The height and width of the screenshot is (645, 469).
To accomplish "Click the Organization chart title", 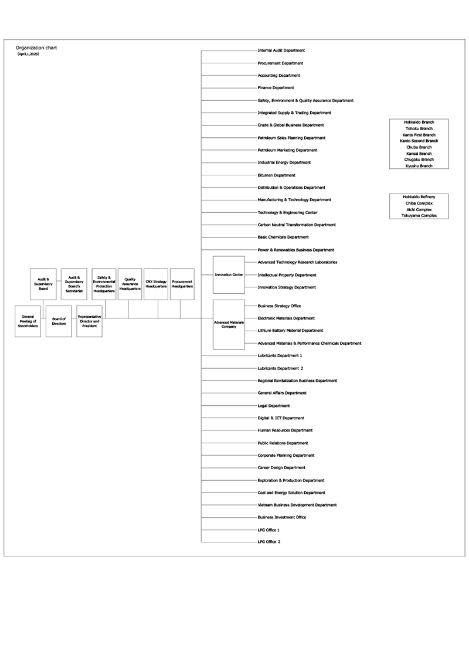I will point(36,47).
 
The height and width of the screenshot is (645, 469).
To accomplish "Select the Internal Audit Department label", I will point(281,51).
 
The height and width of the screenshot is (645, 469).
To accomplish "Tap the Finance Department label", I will point(276,88).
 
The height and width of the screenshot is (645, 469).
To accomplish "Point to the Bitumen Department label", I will point(276,175).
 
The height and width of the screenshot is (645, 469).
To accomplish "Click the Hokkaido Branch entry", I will point(419,122).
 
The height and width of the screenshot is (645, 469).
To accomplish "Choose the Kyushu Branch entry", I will point(419,166).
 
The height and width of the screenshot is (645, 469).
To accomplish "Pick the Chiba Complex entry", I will point(419,203).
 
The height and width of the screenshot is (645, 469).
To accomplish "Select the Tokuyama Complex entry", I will point(419,216).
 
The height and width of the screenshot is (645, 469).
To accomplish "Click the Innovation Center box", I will point(229,274).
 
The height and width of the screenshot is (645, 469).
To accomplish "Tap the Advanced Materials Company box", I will point(229,324).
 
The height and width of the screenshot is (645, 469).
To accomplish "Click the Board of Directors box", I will point(59,321).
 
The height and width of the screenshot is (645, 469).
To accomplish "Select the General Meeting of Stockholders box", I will point(28,321).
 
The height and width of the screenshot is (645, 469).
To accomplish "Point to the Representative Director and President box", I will point(89,321).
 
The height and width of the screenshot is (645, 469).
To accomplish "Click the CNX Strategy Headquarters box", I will point(157,284).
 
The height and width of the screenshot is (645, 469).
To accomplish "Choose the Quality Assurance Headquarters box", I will point(130,284).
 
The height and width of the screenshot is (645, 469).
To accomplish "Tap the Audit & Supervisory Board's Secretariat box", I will point(74,284).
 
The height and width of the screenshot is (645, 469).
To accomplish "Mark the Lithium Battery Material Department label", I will point(290,331).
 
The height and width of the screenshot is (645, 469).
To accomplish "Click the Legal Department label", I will point(274,406).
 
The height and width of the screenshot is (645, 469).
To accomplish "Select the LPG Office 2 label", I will point(269,542).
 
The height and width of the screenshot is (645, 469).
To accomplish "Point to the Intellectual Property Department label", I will point(287,275).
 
